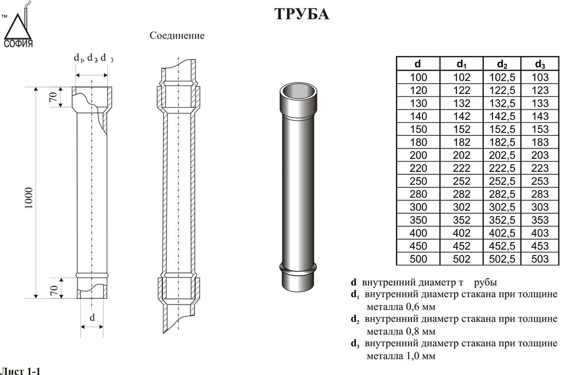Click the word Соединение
coord(177,36)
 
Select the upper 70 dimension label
coord(52,98)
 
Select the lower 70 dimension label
coord(52,289)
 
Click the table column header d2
coord(502,64)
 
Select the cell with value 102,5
coord(502,77)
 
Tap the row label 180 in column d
coord(418,142)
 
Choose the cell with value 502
coord(462,259)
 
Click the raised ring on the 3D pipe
coord(299,269)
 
